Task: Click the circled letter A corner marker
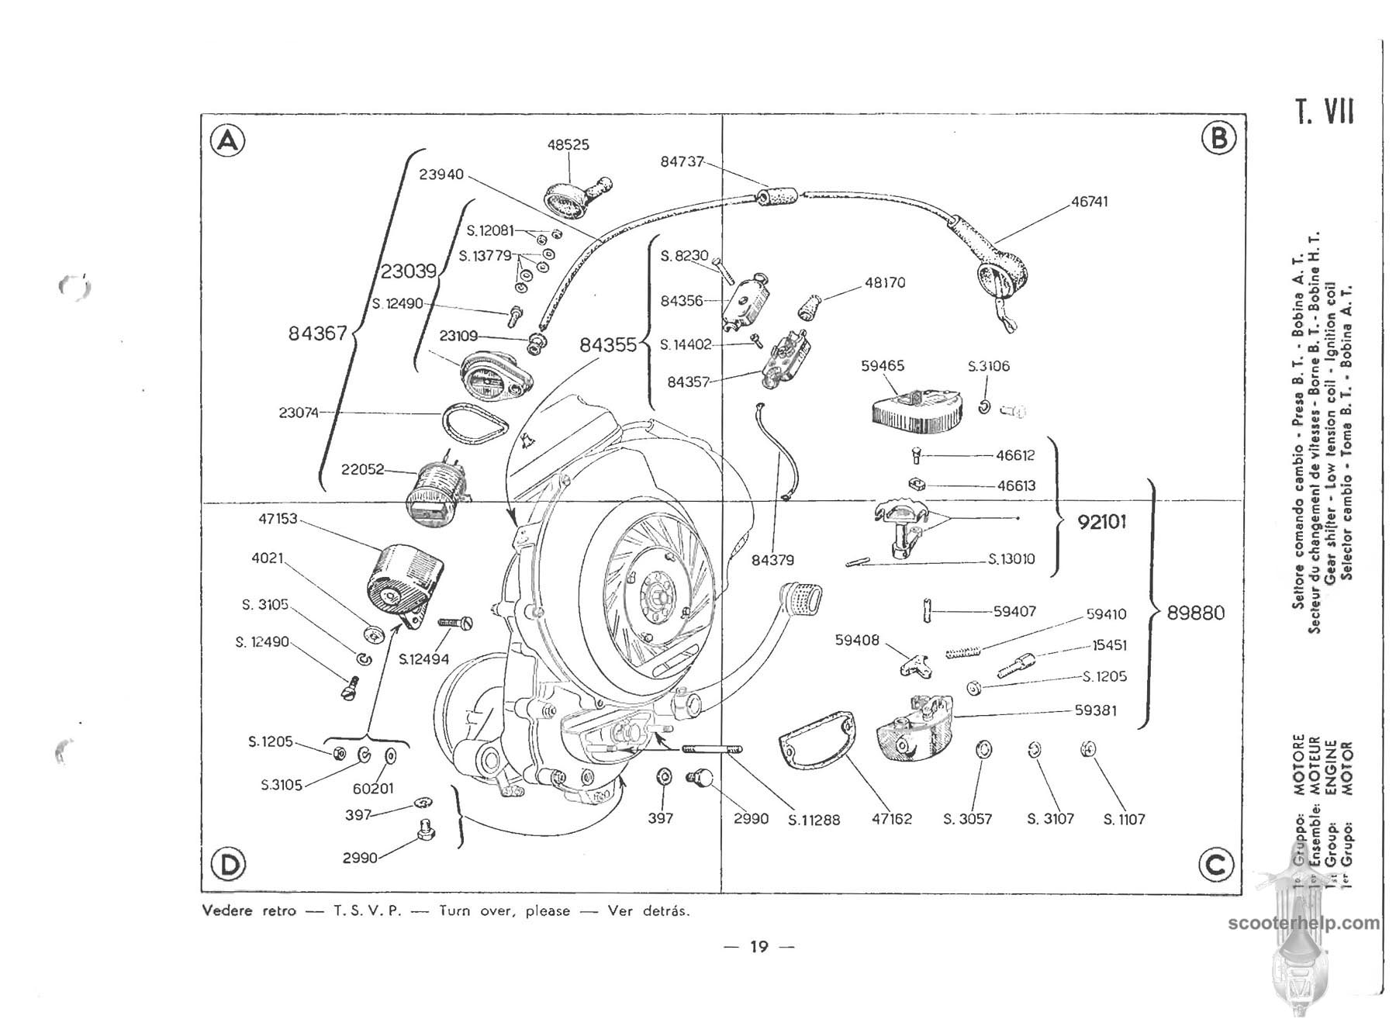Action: (227, 141)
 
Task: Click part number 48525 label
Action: (568, 145)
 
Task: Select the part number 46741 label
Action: (1090, 202)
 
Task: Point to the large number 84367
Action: (317, 334)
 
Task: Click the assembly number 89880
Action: (1196, 613)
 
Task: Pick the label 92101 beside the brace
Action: (1102, 522)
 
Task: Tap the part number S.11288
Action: (814, 820)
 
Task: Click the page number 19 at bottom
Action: (758, 946)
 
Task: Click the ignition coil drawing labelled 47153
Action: (403, 578)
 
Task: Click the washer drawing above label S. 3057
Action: (982, 751)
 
